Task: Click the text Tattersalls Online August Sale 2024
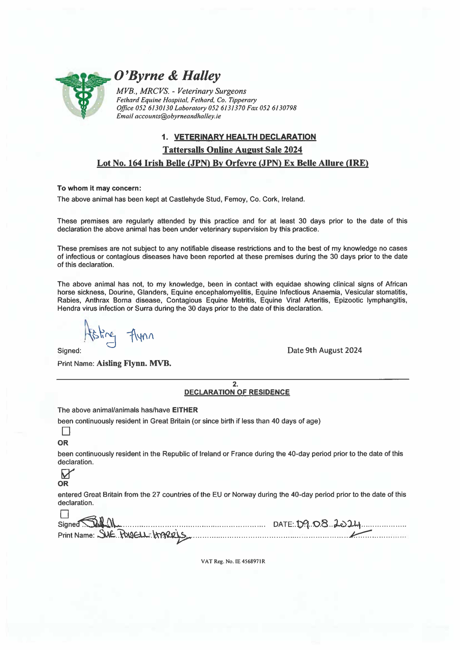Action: point(232,150)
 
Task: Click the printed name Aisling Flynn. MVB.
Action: point(134,363)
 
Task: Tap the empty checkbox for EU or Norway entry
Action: point(65,514)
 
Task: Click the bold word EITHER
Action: point(185,410)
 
